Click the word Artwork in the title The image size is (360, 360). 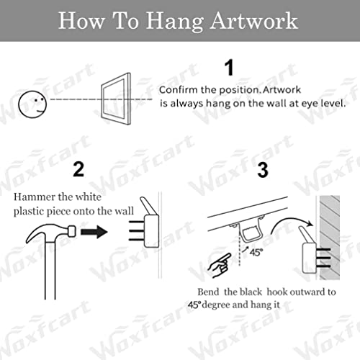click(x=254, y=21)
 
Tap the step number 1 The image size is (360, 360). click(x=229, y=68)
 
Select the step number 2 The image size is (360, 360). click(x=78, y=169)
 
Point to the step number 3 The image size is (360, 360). click(x=263, y=170)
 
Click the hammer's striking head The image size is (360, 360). click(x=72, y=231)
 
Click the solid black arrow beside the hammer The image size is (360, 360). click(x=94, y=232)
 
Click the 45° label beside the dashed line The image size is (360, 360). click(x=256, y=252)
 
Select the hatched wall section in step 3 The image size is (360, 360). click(x=329, y=238)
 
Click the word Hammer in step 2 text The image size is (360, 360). click(x=35, y=197)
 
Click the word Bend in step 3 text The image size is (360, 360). click(x=208, y=292)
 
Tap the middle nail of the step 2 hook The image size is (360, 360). click(x=137, y=231)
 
